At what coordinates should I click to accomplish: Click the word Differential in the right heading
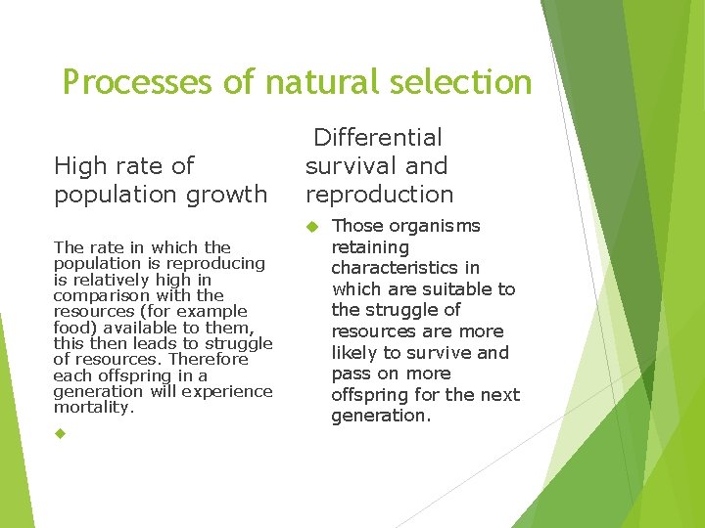point(378,138)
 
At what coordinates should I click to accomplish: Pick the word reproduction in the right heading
point(379,195)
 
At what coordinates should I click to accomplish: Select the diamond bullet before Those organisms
point(312,227)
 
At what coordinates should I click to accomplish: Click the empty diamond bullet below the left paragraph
point(60,433)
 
